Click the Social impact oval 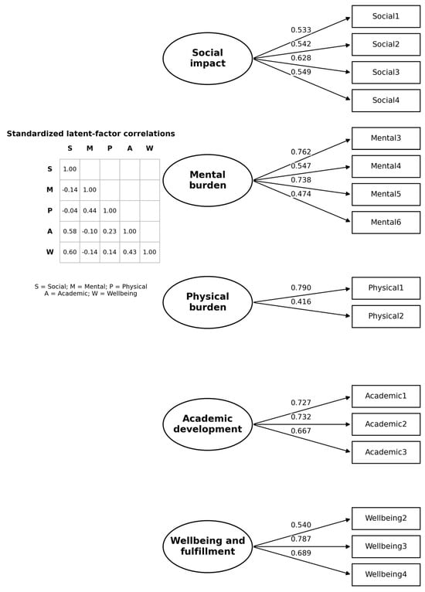coord(208,59)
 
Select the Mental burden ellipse coord(208,181)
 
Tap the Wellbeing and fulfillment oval coord(208,546)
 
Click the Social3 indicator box coord(386,73)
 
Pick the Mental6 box coord(386,223)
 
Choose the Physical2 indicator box coord(386,316)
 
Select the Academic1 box coord(386,396)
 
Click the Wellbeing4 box coord(386,575)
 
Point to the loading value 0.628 coord(301,58)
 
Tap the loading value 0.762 coord(301,151)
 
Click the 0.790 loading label coord(301,287)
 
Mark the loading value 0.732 coord(301,417)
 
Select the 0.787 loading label coord(301,539)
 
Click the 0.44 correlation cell coord(90,211)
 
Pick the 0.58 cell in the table coord(70,231)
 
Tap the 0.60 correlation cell coord(70,252)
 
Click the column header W coord(149,148)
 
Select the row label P coord(49,211)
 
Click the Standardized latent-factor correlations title coord(90,134)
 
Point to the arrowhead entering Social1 coord(348,18)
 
